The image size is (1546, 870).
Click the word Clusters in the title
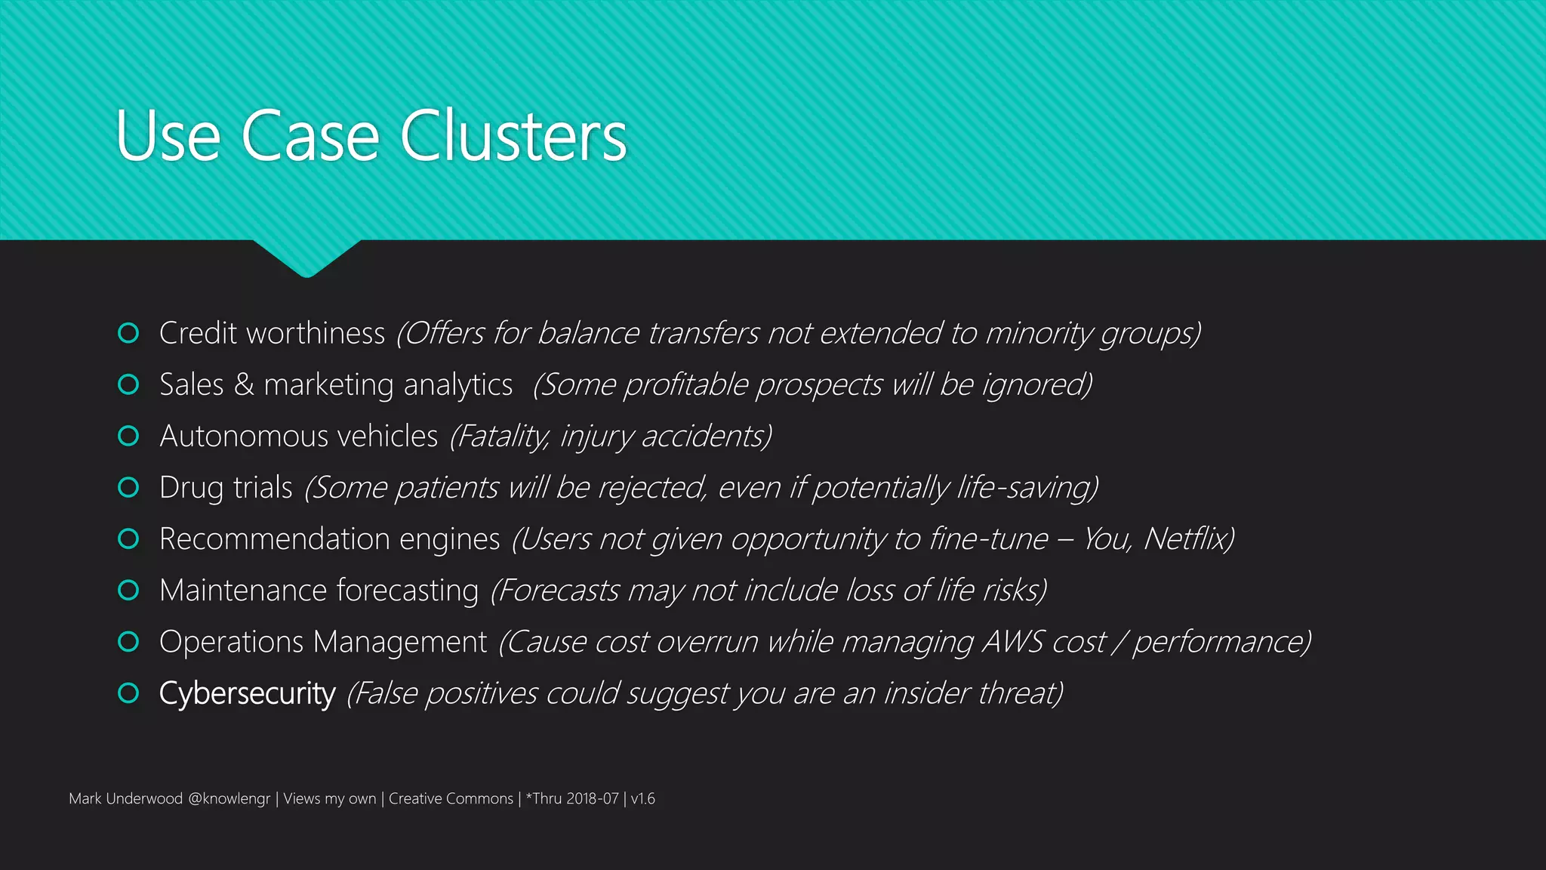pos(513,136)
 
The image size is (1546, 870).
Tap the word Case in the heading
pos(310,136)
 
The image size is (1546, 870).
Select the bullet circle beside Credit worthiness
pos(128,333)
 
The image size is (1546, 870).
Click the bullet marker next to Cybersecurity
pos(128,693)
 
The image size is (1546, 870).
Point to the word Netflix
pos(1187,538)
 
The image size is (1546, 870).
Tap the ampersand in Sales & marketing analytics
pos(244,384)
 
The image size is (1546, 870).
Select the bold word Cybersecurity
pos(247,693)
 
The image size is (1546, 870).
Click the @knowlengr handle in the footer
pos(229,798)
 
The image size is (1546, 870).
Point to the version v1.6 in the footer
pos(642,798)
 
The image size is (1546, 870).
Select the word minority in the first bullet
pos(1038,333)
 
